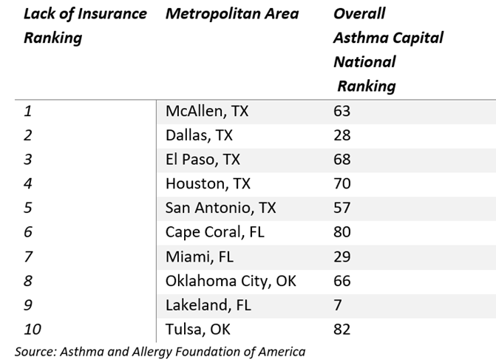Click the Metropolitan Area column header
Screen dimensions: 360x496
coord(232,14)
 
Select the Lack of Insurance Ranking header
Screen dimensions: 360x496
coord(85,26)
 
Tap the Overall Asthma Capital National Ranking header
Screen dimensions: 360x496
coord(388,50)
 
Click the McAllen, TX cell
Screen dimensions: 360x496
coord(207,112)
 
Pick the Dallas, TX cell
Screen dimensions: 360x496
coord(199,136)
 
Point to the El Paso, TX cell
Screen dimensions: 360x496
coord(203,160)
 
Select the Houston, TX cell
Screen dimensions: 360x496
coord(208,184)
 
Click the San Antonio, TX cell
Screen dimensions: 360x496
coord(220,208)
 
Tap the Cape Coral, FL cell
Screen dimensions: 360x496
coord(214,232)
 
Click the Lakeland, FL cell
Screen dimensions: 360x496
coord(208,305)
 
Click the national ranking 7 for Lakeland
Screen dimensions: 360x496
coord(338,305)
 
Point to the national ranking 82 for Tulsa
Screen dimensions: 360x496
coord(342,329)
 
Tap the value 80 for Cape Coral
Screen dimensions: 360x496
coord(342,232)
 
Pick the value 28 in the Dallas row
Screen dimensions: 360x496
coord(342,136)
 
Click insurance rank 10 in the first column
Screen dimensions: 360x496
coord(32,329)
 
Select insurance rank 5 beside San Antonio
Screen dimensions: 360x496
coord(28,208)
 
